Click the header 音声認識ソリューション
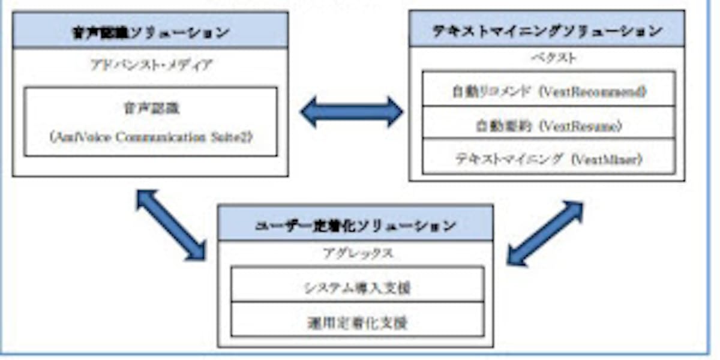tap(150, 31)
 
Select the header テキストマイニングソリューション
tap(547, 30)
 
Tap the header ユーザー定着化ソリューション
tap(355, 225)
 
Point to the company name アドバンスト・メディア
tap(151, 65)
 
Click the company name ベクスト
tap(545, 58)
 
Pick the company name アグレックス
tap(355, 254)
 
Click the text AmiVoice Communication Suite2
tap(151, 137)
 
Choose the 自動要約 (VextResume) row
tap(548, 125)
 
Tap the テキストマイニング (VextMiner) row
tap(548, 159)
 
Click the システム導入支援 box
tap(357, 287)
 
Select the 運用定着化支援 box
tap(357, 322)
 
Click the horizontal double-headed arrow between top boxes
tap(352, 112)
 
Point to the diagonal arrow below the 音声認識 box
tap(171, 224)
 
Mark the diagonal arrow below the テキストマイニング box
tap(545, 233)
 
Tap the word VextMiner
tap(606, 159)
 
